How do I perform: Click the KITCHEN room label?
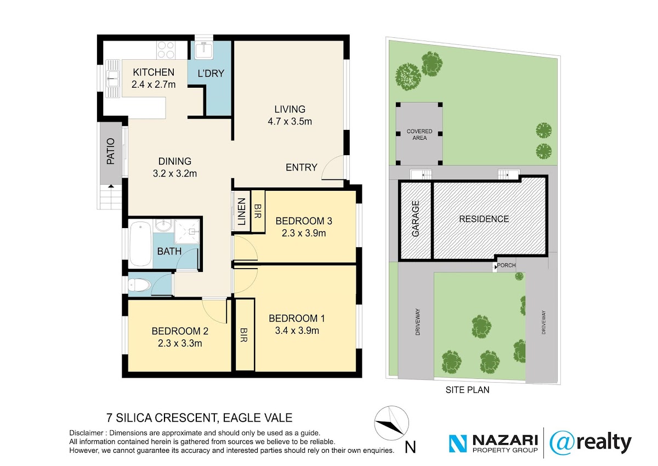point(154,72)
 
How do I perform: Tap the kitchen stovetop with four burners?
point(166,50)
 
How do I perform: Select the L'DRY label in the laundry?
point(211,73)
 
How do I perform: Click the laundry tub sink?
point(204,50)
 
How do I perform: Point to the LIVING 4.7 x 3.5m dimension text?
point(290,122)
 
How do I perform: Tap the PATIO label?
point(110,151)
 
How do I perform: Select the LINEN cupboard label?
point(241,212)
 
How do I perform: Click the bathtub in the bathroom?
point(140,243)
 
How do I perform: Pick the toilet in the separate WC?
point(140,285)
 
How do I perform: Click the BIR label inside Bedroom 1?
point(244,335)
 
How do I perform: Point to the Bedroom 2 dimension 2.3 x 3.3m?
point(180,343)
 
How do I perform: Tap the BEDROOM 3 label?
point(304,221)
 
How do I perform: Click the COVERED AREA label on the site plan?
point(419,134)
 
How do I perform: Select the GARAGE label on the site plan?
point(416,218)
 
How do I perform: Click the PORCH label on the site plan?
point(506,265)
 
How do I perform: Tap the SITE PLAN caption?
point(467,390)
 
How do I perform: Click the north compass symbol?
point(392,423)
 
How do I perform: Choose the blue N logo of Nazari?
point(458,444)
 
